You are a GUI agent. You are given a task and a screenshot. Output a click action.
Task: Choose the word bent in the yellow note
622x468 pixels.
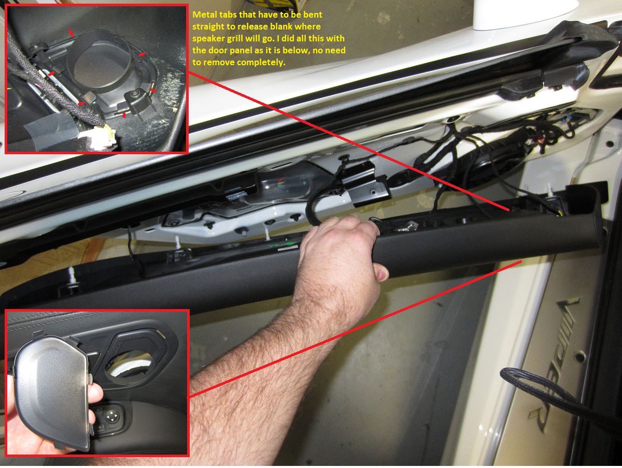tap(313, 14)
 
